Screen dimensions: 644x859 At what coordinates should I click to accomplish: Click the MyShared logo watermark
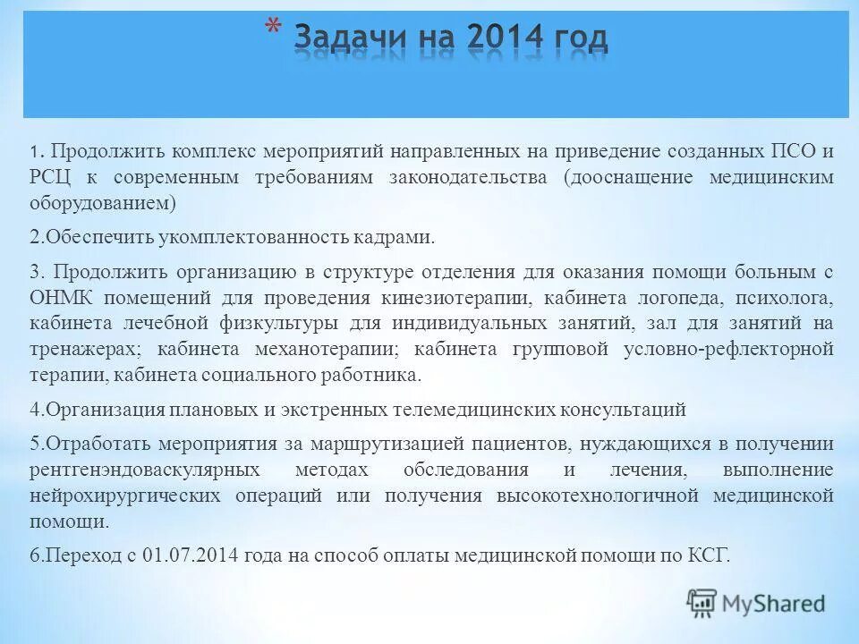click(x=756, y=604)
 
